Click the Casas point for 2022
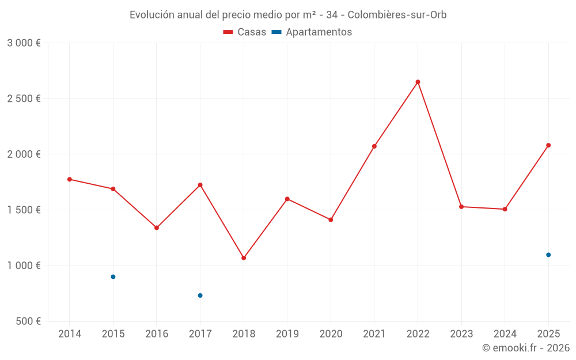pos(418,82)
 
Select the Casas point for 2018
pos(244,258)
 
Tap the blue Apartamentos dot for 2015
pos(113,277)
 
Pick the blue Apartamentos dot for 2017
pos(200,295)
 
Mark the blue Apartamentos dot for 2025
pos(548,255)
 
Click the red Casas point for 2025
pos(548,145)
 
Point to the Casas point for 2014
pos(70,179)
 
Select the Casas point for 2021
pos(374,146)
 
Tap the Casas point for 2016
pos(157,228)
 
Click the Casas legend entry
pos(245,32)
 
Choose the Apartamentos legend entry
pos(312,32)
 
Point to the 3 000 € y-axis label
pos(24,43)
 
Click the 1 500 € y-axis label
pos(24,210)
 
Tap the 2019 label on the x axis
pos(287,334)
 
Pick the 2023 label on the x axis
pos(461,334)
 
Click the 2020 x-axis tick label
pos(331,334)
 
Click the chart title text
pos(288,15)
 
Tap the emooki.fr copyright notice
pos(526,348)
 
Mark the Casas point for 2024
pos(505,209)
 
